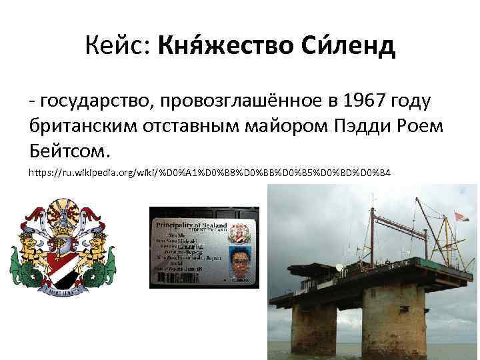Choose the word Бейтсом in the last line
pyautogui.click(x=69, y=149)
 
